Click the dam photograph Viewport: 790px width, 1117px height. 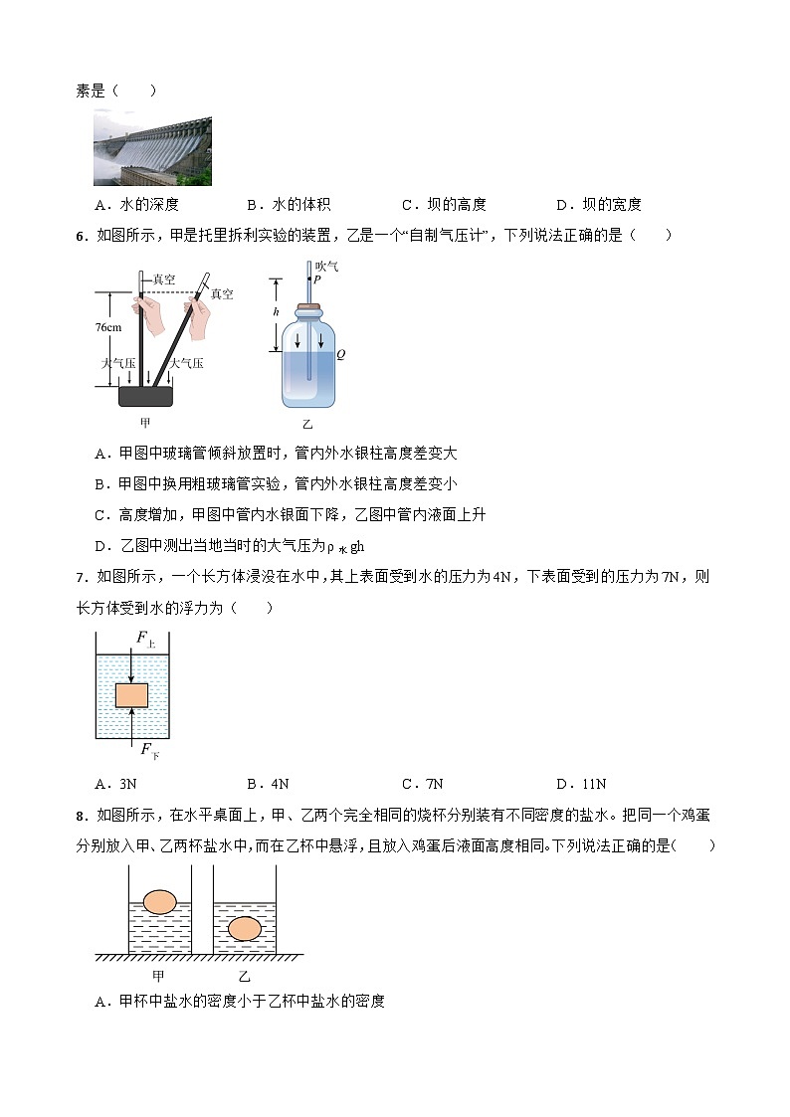pos(152,148)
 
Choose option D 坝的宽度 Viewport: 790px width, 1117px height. pos(599,205)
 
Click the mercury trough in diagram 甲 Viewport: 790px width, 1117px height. pos(146,396)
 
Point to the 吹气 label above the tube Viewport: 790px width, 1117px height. pos(327,266)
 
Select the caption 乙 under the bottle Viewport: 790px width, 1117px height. pos(307,423)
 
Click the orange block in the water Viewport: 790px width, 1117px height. pos(131,694)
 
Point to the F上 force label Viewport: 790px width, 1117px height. pos(145,643)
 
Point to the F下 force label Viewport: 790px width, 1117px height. pos(148,751)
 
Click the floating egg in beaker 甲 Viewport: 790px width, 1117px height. pos(159,901)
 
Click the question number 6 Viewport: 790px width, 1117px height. pos(81,236)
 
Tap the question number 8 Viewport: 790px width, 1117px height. pos(81,817)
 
